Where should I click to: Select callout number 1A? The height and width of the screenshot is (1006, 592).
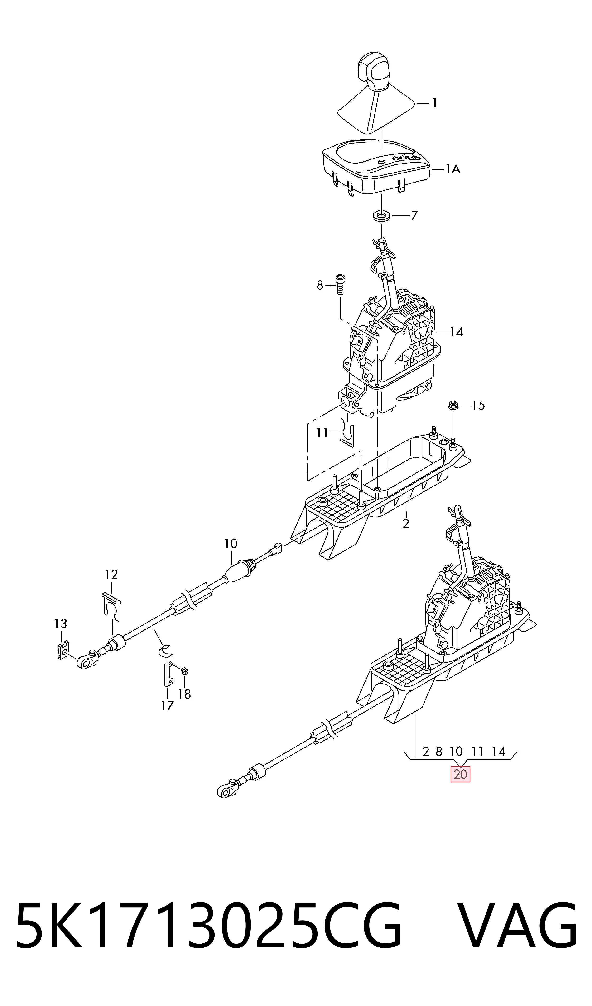tap(452, 170)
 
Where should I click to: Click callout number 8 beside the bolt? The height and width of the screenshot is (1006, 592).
tap(320, 285)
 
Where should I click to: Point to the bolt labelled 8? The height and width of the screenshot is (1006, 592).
tap(340, 284)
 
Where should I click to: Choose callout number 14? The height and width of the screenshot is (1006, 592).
tap(456, 332)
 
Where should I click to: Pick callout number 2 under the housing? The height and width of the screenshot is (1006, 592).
tap(406, 524)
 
